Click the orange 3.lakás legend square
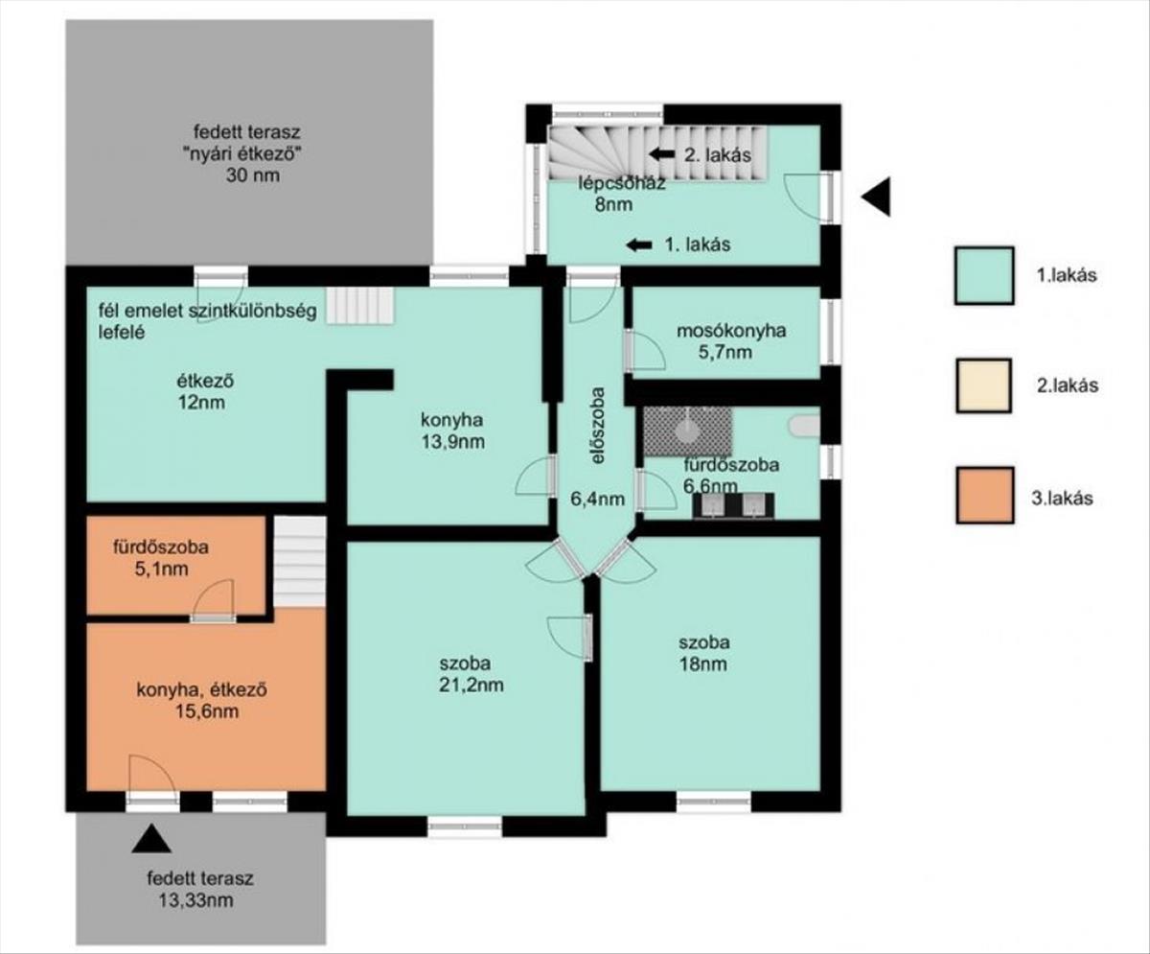pyautogui.click(x=985, y=495)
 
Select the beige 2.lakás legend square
pyautogui.click(x=983, y=385)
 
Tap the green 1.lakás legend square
pyautogui.click(x=984, y=275)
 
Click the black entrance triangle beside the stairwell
pyautogui.click(x=876, y=197)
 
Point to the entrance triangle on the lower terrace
pyautogui.click(x=151, y=839)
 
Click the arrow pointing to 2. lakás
pyautogui.click(x=662, y=153)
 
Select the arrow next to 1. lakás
pyautogui.click(x=639, y=244)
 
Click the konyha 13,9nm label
pyautogui.click(x=452, y=430)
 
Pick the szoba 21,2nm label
pyautogui.click(x=471, y=673)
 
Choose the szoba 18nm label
pyautogui.click(x=703, y=653)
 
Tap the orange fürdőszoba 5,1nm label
pyautogui.click(x=161, y=558)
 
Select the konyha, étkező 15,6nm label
pyautogui.click(x=201, y=700)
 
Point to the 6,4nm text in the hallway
pyautogui.click(x=598, y=499)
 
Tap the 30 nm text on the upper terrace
pyautogui.click(x=253, y=175)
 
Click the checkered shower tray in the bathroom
pyautogui.click(x=688, y=431)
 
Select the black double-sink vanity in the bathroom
pyautogui.click(x=733, y=506)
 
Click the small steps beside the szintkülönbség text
pyautogui.click(x=360, y=306)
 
